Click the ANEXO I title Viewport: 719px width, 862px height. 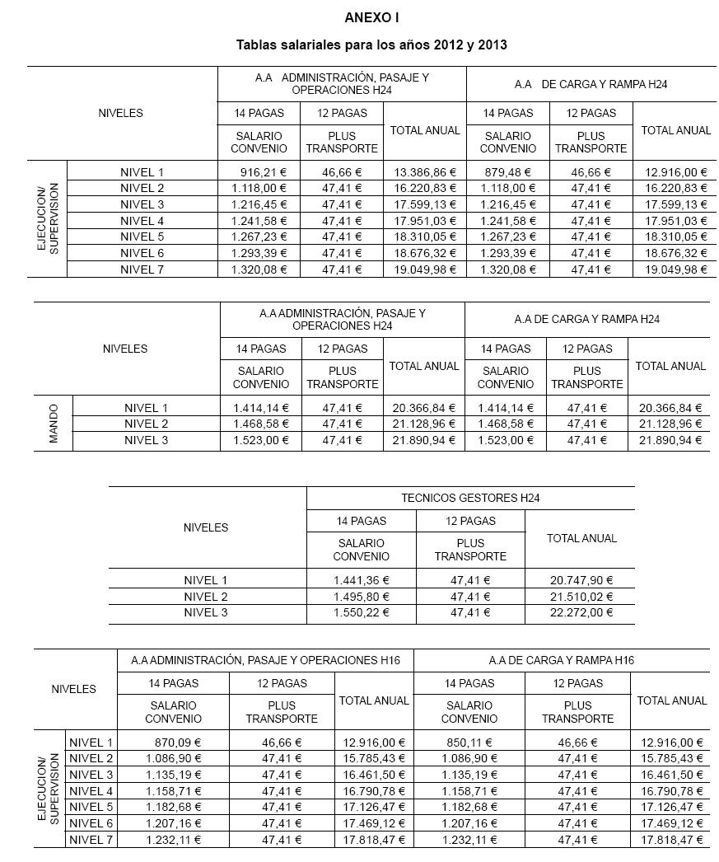tap(371, 16)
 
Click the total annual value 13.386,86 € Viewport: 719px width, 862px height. tap(424, 172)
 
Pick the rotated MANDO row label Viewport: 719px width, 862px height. tap(54, 424)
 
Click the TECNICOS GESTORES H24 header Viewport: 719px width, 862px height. tap(469, 498)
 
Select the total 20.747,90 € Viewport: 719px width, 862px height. tap(581, 580)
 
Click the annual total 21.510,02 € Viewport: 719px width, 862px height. tap(581, 597)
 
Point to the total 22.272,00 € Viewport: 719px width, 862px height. tap(581, 612)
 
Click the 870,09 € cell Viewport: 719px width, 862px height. tap(174, 743)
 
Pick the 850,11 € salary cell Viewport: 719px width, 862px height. tap(469, 743)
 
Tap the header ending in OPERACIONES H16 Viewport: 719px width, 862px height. tap(264, 660)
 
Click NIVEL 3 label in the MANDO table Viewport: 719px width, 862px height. tap(146, 440)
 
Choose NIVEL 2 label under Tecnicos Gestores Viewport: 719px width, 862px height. tap(206, 597)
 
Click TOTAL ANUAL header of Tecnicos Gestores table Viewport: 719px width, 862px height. tap(581, 538)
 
